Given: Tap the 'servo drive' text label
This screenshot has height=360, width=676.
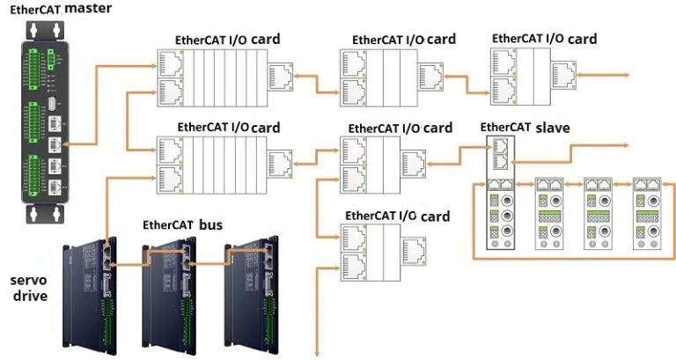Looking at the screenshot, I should click(29, 287).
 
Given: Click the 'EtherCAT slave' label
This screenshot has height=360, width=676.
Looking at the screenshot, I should click(525, 128).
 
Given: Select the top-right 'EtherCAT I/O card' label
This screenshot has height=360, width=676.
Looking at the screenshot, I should click(544, 39).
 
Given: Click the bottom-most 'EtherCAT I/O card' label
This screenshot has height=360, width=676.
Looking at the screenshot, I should click(397, 217).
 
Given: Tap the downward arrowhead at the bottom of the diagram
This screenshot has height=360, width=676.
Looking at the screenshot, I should click(318, 355).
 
